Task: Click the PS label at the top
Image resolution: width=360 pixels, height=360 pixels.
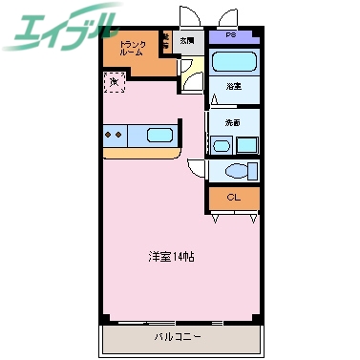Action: (233, 35)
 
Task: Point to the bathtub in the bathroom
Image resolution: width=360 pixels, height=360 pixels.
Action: (234, 64)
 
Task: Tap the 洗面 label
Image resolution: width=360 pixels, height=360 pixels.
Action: (232, 123)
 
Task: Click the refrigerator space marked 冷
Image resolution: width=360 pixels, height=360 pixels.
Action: (114, 82)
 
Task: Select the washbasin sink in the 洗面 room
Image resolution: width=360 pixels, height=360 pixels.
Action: (222, 145)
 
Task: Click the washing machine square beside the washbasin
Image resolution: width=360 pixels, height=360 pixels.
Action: (247, 145)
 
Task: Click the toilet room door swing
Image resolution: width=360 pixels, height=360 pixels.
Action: (197, 168)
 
